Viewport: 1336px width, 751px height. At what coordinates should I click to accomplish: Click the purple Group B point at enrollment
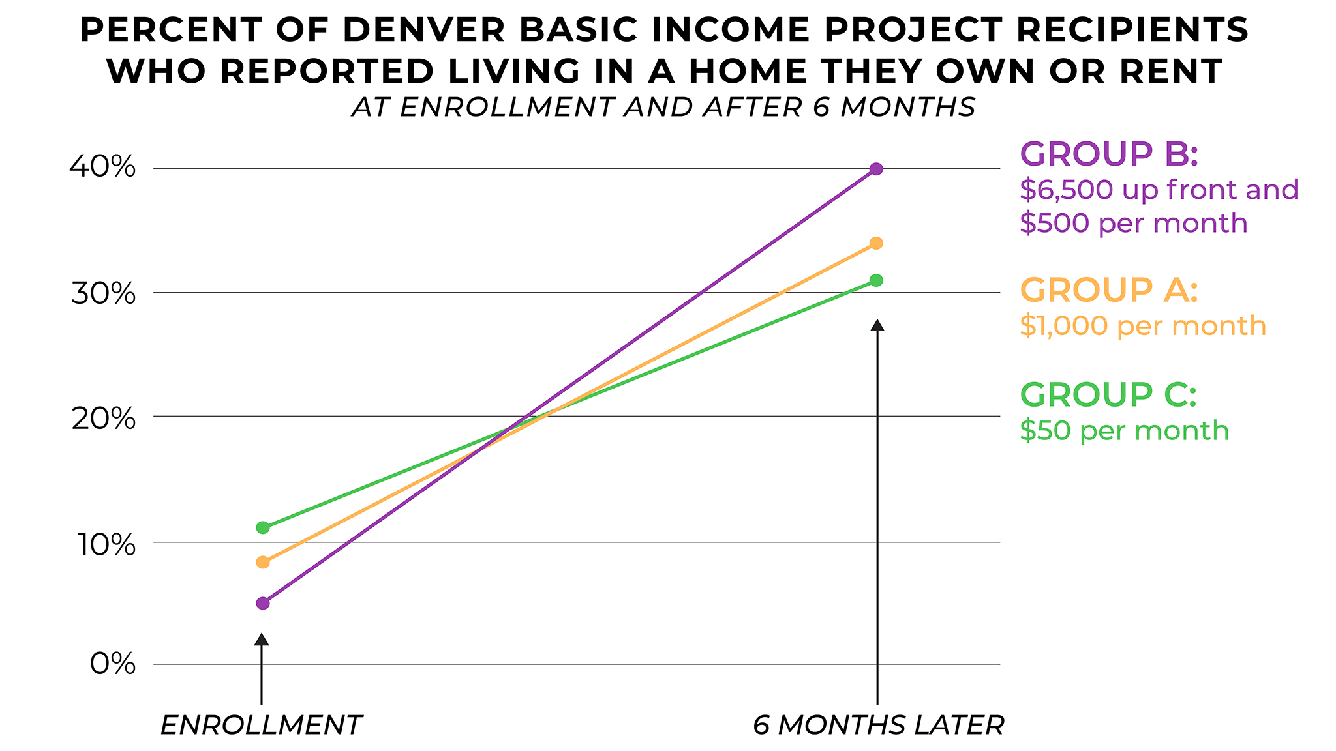click(x=263, y=603)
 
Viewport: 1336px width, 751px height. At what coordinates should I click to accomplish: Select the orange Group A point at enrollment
click(x=263, y=562)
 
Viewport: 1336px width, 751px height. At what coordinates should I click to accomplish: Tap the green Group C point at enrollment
click(x=263, y=527)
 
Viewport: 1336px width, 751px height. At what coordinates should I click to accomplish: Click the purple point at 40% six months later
click(x=876, y=169)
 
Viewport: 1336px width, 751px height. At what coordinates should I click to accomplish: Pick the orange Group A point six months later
click(x=876, y=243)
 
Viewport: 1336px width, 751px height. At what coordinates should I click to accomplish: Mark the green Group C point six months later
click(x=876, y=280)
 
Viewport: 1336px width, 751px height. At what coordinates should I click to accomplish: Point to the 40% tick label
click(x=103, y=168)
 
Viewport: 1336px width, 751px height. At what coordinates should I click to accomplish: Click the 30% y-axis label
click(x=103, y=293)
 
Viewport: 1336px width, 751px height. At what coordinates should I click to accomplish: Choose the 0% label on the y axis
click(x=113, y=664)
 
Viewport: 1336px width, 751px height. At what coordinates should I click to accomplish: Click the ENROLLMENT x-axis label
click(x=261, y=725)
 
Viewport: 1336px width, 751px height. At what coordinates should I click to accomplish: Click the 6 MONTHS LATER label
click(x=878, y=725)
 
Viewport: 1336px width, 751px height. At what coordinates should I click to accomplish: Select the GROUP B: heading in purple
click(x=1109, y=154)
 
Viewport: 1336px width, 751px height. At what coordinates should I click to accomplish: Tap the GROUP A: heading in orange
click(x=1109, y=290)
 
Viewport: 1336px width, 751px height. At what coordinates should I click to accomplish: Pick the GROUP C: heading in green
click(x=1108, y=395)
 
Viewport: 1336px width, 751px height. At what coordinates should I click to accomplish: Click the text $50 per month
click(x=1124, y=431)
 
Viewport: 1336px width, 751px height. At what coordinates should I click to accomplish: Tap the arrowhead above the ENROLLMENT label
click(x=261, y=640)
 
